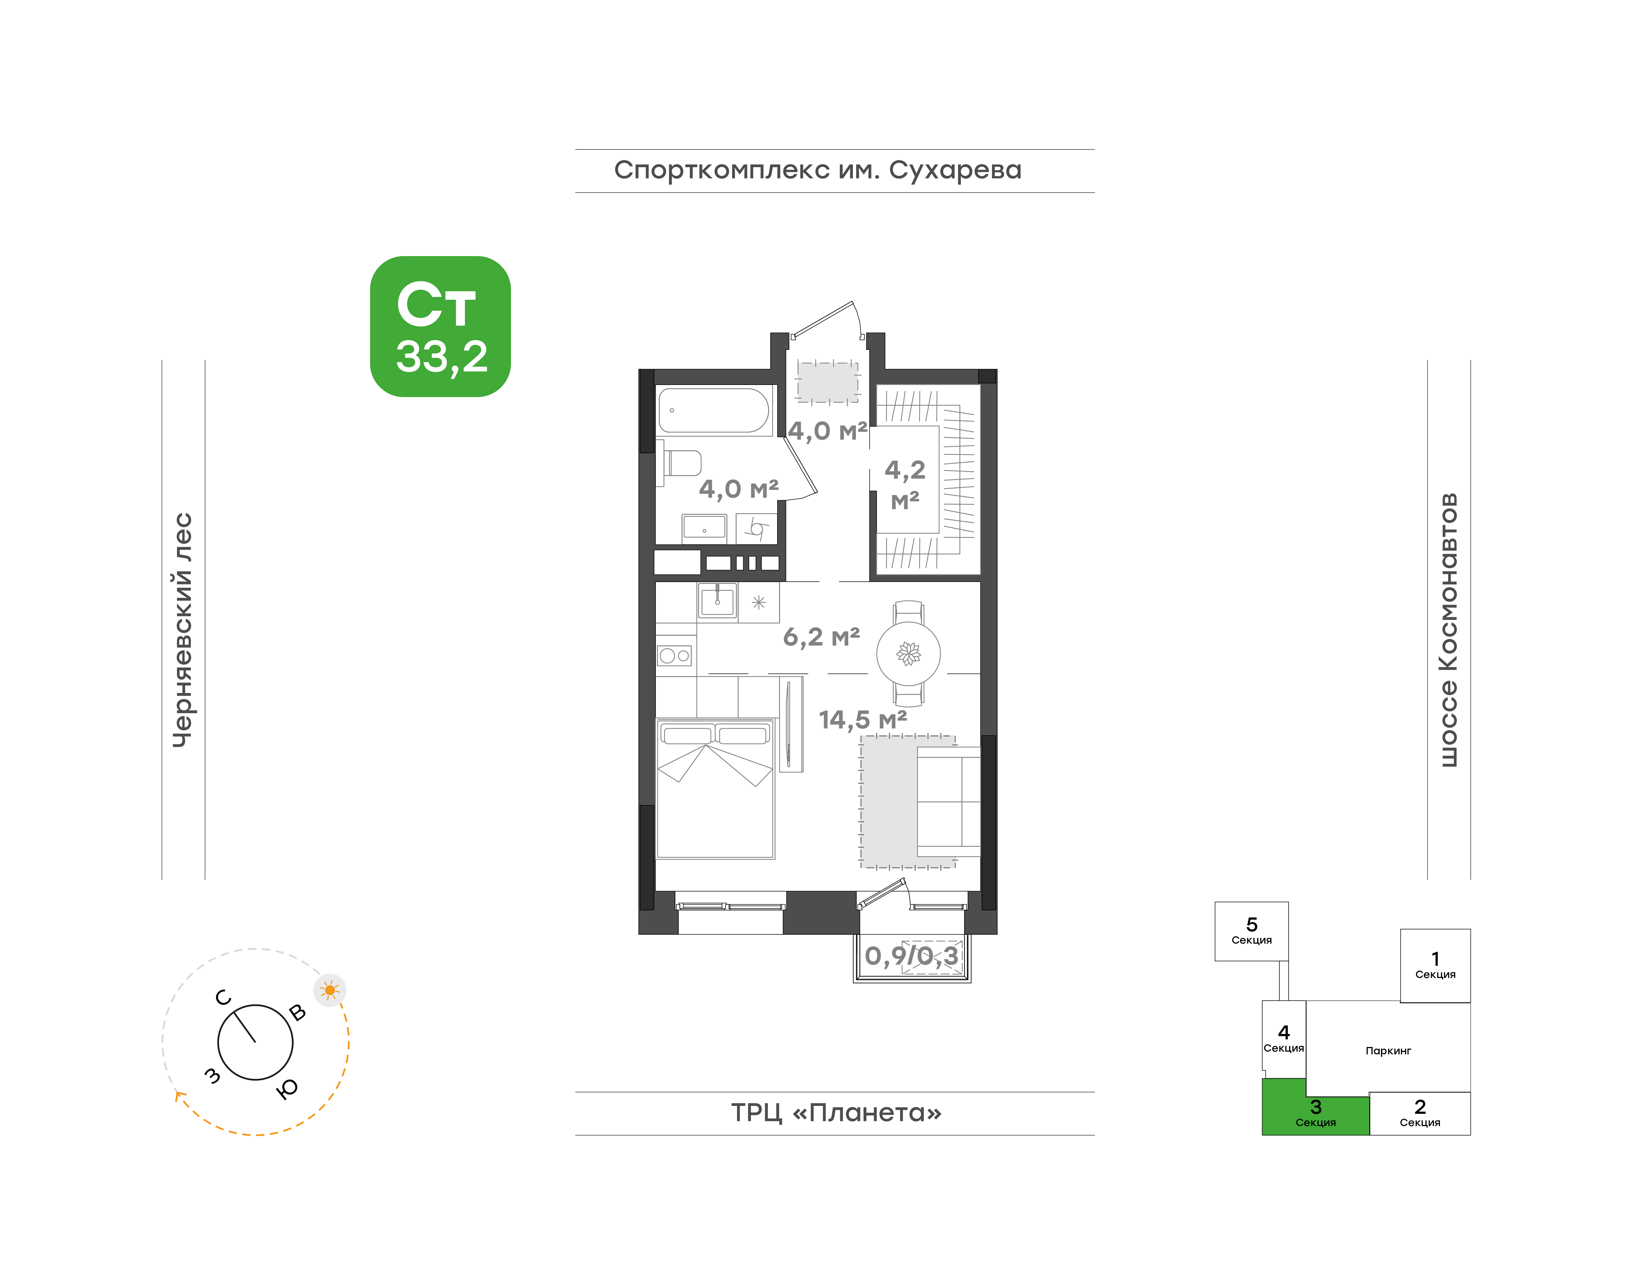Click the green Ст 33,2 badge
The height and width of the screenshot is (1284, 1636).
click(440, 326)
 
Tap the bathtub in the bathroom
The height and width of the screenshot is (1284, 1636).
click(714, 410)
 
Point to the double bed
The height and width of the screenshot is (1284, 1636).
click(715, 788)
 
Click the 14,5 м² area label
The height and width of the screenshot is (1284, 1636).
click(863, 719)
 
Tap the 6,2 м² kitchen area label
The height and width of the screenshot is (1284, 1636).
click(821, 637)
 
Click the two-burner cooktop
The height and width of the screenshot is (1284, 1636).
click(674, 656)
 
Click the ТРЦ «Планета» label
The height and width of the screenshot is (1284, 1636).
click(836, 1113)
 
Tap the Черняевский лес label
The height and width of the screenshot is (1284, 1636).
click(183, 630)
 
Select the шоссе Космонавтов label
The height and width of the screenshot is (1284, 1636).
click(1448, 630)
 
